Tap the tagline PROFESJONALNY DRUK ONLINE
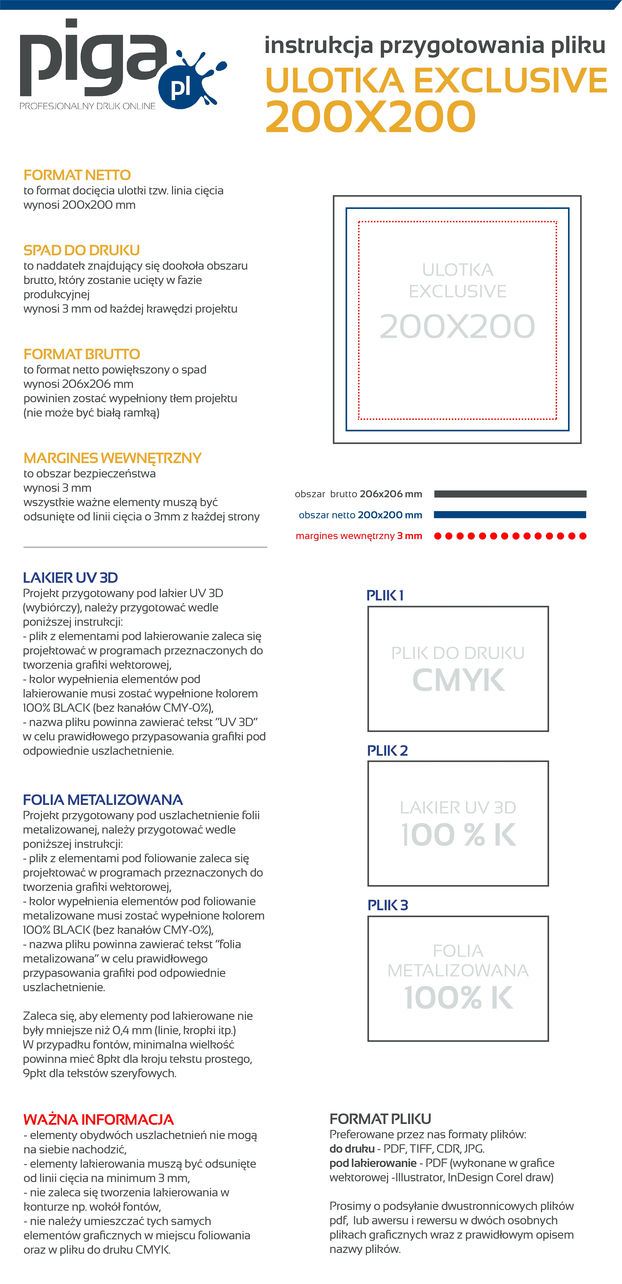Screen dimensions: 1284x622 coord(87,106)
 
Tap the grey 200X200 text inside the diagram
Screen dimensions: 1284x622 coord(457,326)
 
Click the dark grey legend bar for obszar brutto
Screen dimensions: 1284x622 coord(510,494)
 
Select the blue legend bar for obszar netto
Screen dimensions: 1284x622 coord(510,514)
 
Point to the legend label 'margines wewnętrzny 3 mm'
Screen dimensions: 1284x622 coord(359,536)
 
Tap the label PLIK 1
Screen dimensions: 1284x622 coord(385,595)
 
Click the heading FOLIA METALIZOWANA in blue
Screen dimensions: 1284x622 coord(103,799)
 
